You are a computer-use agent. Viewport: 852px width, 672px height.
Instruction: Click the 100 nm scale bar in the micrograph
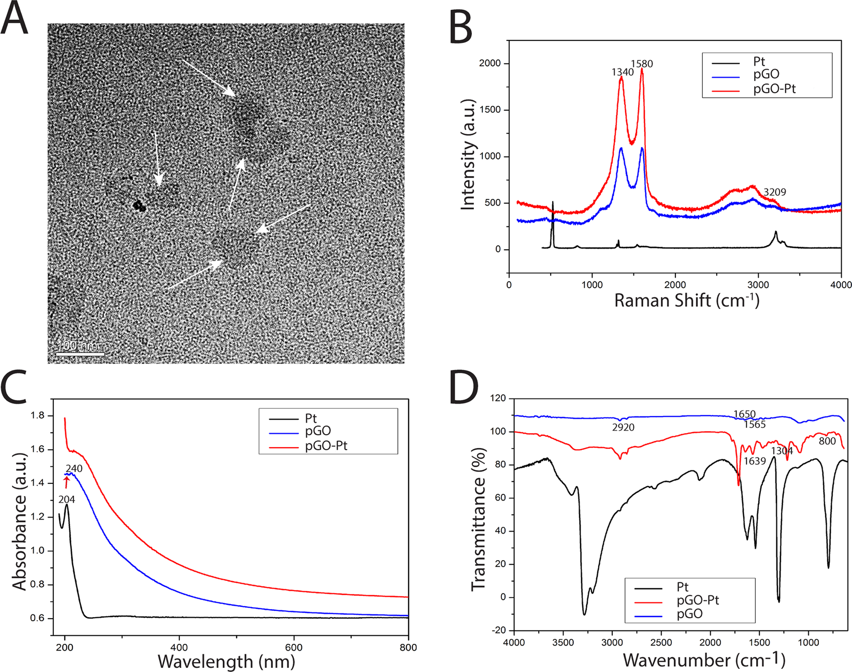(80, 354)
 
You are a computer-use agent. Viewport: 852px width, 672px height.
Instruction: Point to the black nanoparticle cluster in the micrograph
(139, 206)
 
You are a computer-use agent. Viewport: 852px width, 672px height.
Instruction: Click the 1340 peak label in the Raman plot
(622, 73)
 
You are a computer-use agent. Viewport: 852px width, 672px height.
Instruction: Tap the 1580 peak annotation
(642, 64)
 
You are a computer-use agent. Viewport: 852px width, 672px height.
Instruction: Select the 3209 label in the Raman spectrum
(774, 192)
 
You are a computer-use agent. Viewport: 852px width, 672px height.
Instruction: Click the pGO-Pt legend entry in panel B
(774, 89)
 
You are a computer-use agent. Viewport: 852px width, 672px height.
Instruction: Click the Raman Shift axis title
(686, 301)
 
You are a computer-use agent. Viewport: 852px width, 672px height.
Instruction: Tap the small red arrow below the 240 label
(66, 482)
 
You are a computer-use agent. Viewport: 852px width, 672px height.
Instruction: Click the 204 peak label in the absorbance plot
(66, 499)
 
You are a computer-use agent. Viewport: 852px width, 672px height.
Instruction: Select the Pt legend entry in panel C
(310, 419)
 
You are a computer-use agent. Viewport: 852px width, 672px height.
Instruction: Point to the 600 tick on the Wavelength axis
(294, 647)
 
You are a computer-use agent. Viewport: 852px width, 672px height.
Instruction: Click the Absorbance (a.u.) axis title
(20, 521)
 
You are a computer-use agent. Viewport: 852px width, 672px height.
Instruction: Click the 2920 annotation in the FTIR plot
(623, 427)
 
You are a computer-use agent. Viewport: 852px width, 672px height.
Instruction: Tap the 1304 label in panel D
(782, 451)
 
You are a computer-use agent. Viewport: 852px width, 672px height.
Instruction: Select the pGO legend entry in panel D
(689, 614)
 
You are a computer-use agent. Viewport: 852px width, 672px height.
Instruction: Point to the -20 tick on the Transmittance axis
(498, 630)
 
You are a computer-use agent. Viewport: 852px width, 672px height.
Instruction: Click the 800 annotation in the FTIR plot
(827, 441)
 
